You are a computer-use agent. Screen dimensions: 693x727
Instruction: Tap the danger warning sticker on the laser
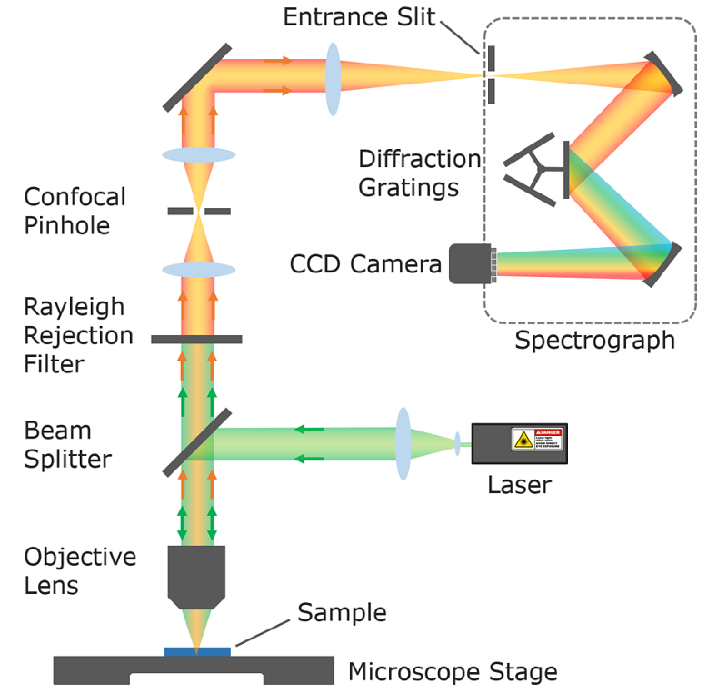[536, 440]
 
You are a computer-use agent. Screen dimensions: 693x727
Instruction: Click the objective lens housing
[196, 575]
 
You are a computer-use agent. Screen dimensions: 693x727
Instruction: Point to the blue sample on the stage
[197, 650]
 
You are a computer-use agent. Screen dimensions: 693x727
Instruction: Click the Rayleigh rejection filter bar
[196, 339]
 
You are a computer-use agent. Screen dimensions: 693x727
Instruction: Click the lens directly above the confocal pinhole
[198, 155]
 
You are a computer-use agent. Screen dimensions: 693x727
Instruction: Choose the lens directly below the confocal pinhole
[198, 270]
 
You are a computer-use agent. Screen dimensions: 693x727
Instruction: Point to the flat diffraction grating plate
[567, 169]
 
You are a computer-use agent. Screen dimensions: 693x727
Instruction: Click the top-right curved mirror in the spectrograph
[664, 74]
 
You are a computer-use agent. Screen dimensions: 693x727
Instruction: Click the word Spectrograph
[594, 341]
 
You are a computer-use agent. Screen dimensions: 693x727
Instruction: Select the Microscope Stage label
[453, 672]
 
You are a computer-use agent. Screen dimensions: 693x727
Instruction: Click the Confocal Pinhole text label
[75, 211]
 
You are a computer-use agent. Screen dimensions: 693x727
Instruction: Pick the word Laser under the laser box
[519, 484]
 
